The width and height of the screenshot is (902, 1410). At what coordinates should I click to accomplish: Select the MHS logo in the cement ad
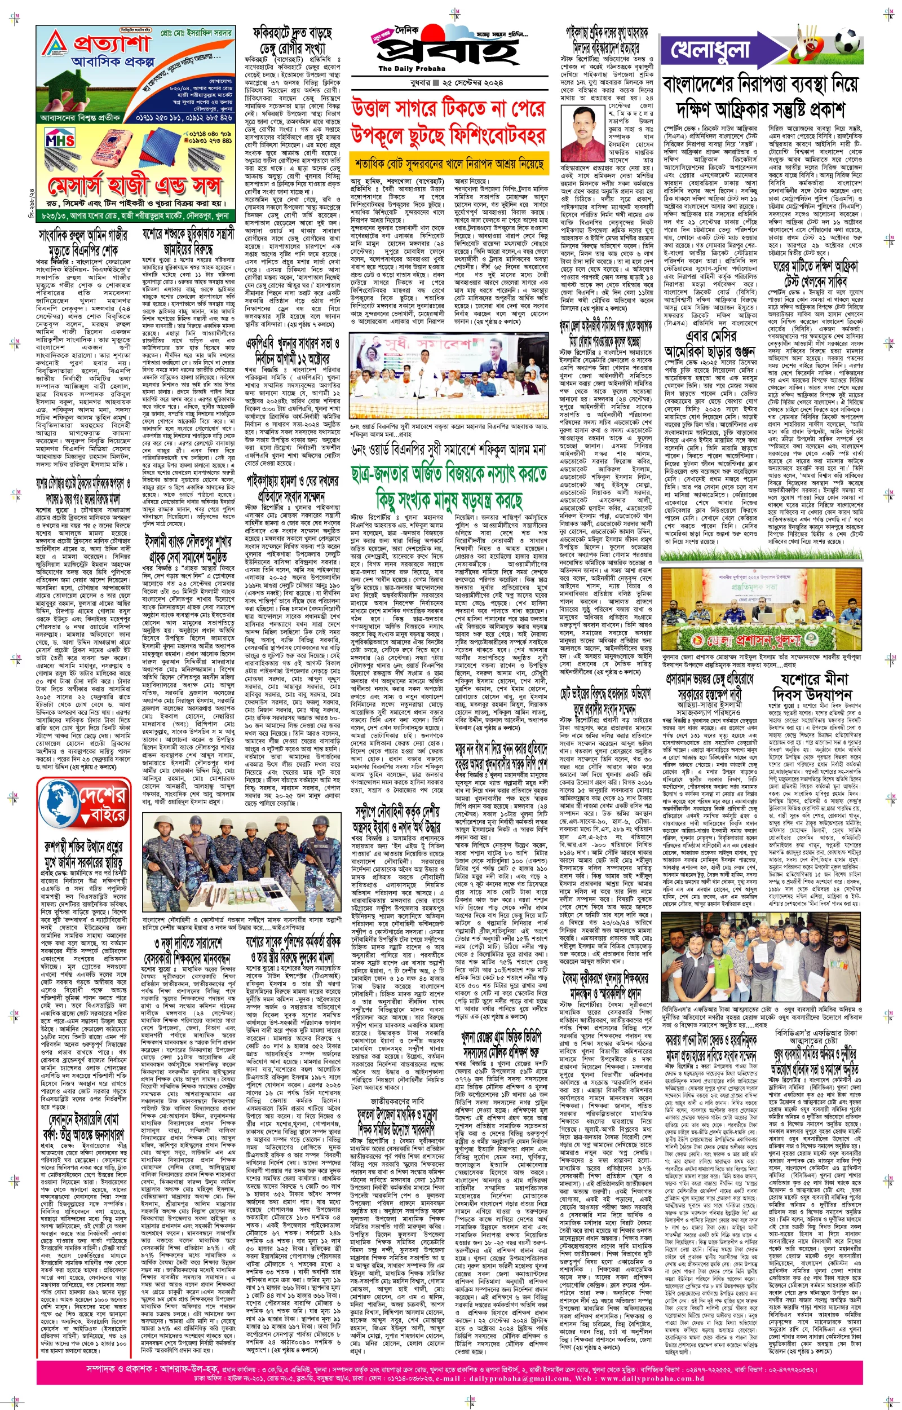click(60, 140)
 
